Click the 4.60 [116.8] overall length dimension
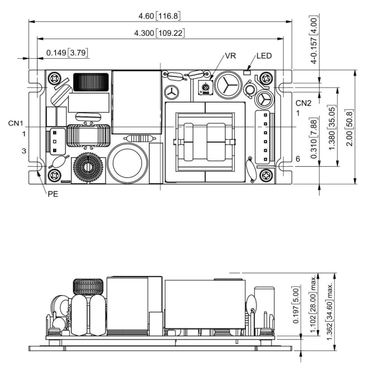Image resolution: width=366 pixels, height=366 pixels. coord(160,15)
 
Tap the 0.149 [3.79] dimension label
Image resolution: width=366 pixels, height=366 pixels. coord(66,53)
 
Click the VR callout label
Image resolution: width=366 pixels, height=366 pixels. coord(230,57)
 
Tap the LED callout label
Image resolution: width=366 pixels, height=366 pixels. coord(264,57)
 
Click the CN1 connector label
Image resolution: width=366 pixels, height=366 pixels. coord(16,123)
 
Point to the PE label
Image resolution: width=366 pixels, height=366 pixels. coord(53,195)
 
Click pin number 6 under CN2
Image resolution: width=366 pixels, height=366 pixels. coord(298,159)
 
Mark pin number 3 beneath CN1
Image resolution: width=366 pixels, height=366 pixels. coord(24,151)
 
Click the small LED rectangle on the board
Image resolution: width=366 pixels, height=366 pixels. coord(247,72)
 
